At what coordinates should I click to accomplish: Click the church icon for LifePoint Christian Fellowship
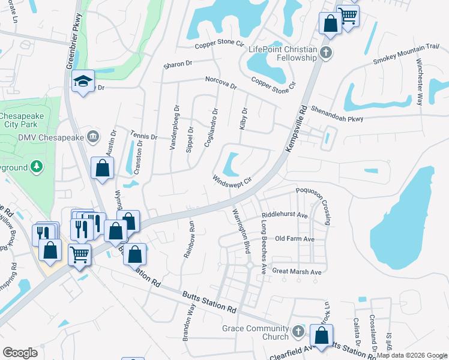(x=327, y=52)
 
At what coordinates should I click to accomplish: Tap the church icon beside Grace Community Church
(x=298, y=331)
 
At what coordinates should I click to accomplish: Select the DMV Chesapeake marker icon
(x=92, y=136)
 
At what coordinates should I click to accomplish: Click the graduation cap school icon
(x=83, y=82)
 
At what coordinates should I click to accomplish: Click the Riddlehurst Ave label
(x=285, y=215)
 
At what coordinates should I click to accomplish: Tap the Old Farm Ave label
(x=294, y=239)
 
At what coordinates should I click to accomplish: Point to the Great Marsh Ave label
(x=297, y=272)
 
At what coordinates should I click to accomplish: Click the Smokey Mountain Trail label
(x=406, y=54)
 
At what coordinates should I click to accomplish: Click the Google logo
(x=20, y=352)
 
